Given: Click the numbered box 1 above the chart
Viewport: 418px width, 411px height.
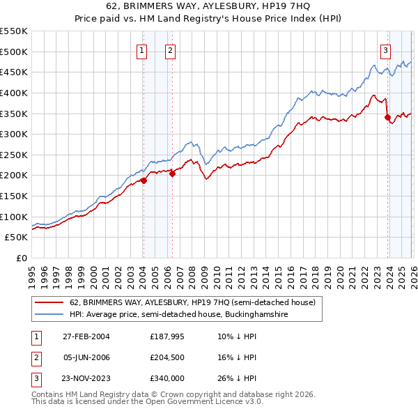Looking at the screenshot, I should pyautogui.click(x=142, y=49).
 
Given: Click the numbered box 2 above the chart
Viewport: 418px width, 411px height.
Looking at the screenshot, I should pyautogui.click(x=170, y=49).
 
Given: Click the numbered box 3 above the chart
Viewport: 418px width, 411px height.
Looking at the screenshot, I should pyautogui.click(x=385, y=49).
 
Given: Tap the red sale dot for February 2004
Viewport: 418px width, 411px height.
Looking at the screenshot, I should pyautogui.click(x=144, y=180).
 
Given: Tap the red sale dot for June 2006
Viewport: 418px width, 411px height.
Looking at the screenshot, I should pyautogui.click(x=171, y=174).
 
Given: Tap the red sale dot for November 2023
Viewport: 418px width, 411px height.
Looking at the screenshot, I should pyautogui.click(x=387, y=118).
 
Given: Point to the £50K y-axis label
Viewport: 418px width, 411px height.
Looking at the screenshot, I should pyautogui.click(x=16, y=238).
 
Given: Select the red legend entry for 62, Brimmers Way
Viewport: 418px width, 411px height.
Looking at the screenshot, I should pyautogui.click(x=192, y=302).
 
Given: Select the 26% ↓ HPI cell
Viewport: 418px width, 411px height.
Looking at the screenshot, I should pyautogui.click(x=236, y=379).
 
